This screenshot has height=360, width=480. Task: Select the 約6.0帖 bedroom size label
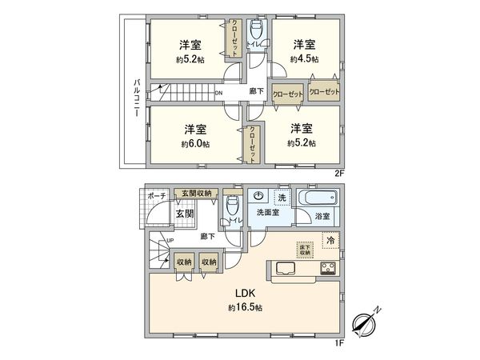(195, 144)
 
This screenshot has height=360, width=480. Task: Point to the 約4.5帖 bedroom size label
(304, 58)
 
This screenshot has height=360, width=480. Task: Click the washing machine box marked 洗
(281, 196)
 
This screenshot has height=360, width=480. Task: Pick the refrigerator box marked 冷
(330, 238)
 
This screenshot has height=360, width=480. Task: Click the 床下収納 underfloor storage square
(304, 249)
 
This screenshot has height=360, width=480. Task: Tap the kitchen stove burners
(328, 267)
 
